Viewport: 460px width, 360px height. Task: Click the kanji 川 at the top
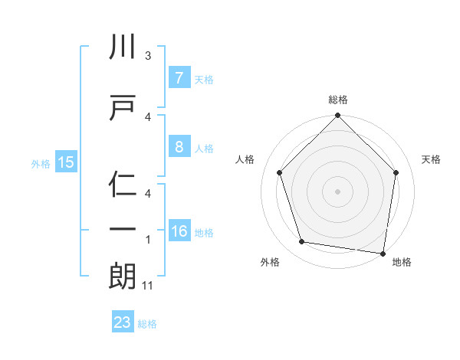pyautogui.click(x=123, y=47)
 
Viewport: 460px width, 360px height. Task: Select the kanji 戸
pyautogui.click(x=123, y=107)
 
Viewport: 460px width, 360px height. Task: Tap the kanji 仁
pyautogui.click(x=123, y=184)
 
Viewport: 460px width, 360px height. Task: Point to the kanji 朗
pyautogui.click(x=123, y=276)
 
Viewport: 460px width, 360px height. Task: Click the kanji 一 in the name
pyautogui.click(x=123, y=230)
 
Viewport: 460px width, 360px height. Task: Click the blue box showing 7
pyautogui.click(x=179, y=77)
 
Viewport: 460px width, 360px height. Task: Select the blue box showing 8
pyautogui.click(x=179, y=147)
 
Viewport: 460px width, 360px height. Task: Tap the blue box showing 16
pyautogui.click(x=179, y=232)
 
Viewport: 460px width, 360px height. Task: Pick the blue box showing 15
pyautogui.click(x=66, y=162)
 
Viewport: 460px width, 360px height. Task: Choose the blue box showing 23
pyautogui.click(x=123, y=322)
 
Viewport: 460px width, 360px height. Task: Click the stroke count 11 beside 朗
pyautogui.click(x=149, y=286)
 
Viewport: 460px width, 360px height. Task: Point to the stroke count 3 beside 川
pyautogui.click(x=148, y=56)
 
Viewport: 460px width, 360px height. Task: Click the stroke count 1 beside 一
pyautogui.click(x=148, y=240)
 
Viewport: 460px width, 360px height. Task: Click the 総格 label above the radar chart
pyautogui.click(x=337, y=100)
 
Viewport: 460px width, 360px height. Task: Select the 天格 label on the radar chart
pyautogui.click(x=432, y=159)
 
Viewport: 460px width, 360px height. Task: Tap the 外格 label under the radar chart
pyautogui.click(x=270, y=262)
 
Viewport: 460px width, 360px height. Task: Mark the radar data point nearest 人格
pyautogui.click(x=280, y=172)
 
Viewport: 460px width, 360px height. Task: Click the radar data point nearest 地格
pyautogui.click(x=383, y=253)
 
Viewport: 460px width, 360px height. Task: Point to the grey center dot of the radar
pyautogui.click(x=337, y=191)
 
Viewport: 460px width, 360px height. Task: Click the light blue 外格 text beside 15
pyautogui.click(x=41, y=162)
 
